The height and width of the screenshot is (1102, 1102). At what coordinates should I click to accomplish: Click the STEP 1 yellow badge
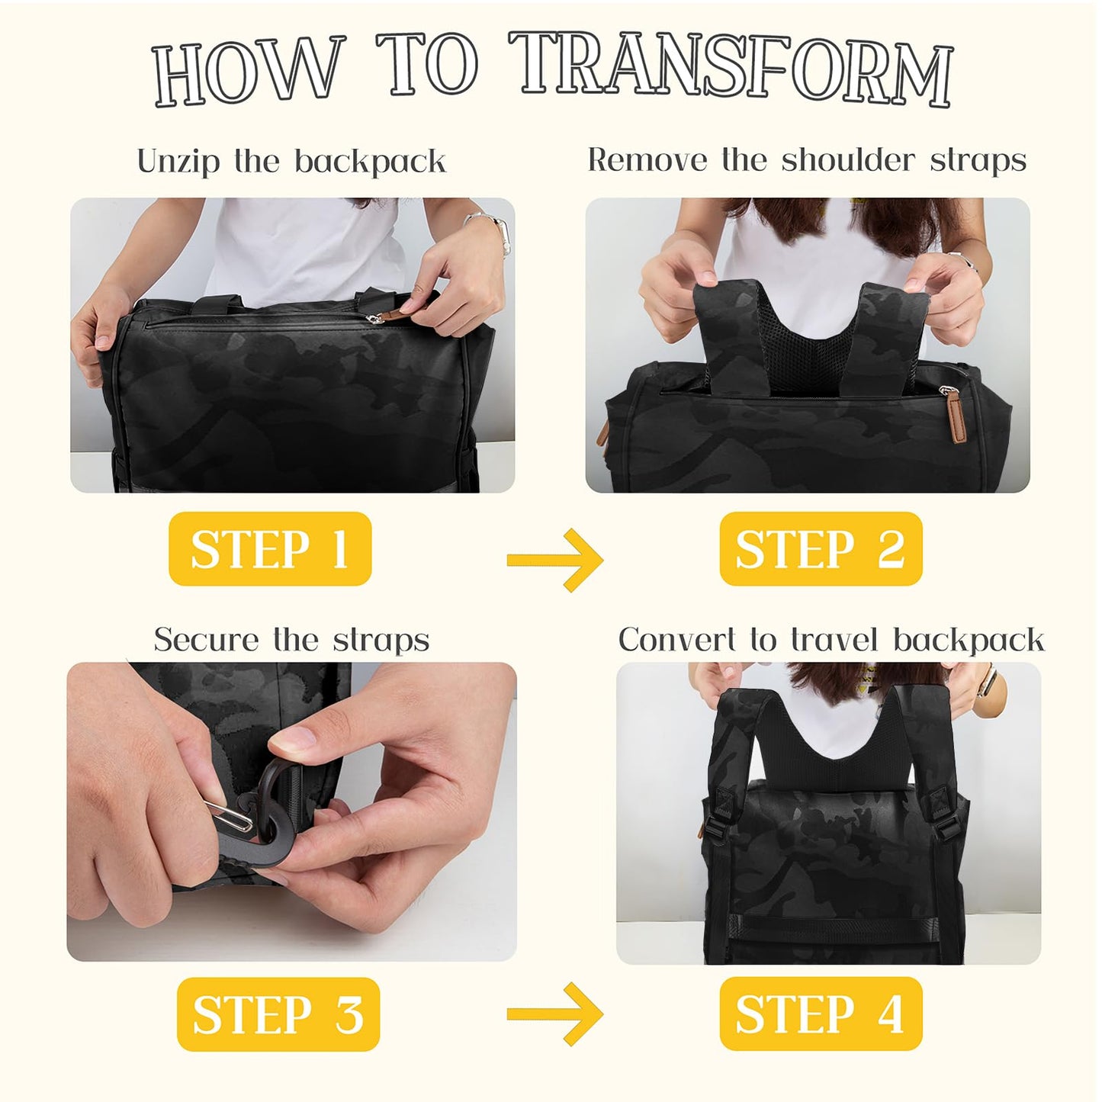pos(270,549)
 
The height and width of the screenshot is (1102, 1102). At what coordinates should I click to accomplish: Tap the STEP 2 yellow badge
pos(821,549)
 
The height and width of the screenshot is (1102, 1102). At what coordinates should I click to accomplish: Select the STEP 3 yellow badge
pos(278,1014)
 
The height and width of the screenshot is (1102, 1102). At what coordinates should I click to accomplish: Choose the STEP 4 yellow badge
pos(821,1014)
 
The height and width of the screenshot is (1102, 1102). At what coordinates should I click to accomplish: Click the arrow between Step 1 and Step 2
pos(555,561)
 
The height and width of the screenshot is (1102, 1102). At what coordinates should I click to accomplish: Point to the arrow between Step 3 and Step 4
pos(555,1014)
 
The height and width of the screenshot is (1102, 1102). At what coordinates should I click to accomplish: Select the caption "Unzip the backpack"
pos(291,162)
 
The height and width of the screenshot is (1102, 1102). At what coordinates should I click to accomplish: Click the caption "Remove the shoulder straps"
pos(807,160)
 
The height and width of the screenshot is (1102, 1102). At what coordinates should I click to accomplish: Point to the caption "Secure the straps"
pos(291,639)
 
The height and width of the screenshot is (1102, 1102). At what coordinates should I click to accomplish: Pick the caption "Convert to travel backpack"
pos(831,639)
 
